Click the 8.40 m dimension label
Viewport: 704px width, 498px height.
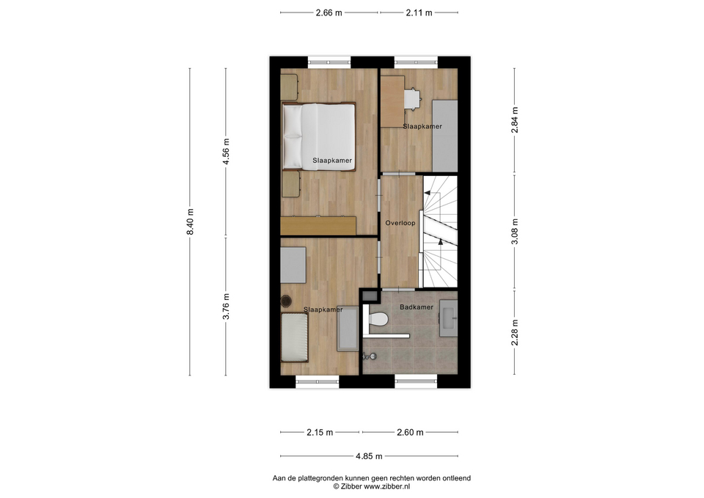point(191,221)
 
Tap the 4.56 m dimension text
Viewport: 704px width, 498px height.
point(227,151)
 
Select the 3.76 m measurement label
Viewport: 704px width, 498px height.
point(227,307)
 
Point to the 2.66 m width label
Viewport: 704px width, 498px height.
point(329,13)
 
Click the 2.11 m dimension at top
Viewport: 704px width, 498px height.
point(419,13)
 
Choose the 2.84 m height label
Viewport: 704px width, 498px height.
point(515,120)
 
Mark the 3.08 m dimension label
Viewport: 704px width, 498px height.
point(515,231)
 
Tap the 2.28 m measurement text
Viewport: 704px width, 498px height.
point(515,332)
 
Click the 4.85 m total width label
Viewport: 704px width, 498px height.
point(369,456)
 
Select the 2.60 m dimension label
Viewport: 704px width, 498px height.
point(410,433)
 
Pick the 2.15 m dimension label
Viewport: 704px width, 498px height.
point(320,433)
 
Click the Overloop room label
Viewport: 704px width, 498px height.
point(400,223)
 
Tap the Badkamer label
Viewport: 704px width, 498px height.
point(417,307)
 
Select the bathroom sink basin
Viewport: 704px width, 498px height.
point(449,318)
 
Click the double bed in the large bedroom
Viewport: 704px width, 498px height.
point(319,136)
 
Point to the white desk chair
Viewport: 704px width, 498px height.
point(413,99)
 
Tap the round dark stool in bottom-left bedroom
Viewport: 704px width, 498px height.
point(285,301)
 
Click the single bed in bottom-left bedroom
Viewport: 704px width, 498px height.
point(294,337)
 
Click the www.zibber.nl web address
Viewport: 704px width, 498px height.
point(387,486)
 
